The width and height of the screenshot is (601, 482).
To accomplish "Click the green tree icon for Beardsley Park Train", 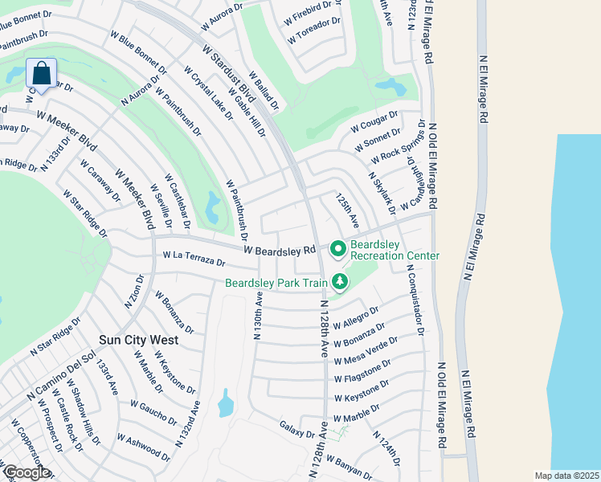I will [341, 281].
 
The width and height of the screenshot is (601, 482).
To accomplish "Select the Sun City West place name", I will [137, 340].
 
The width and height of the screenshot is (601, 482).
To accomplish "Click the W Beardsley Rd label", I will [280, 251].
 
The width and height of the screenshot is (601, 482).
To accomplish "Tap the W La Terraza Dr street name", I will [194, 259].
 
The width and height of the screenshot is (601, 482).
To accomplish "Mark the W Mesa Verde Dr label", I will [366, 349].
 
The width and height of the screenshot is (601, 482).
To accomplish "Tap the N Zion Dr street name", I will [131, 292].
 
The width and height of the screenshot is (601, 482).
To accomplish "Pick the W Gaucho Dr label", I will [153, 412].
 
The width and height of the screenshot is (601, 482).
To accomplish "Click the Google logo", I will [26, 472].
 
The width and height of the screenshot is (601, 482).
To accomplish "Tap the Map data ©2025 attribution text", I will [566, 476].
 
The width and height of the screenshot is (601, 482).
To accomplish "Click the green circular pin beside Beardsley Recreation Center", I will [337, 247].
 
